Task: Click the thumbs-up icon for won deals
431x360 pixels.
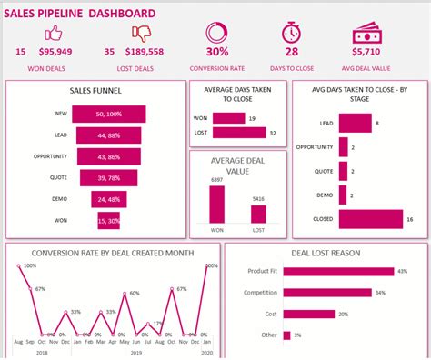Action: coord(53,34)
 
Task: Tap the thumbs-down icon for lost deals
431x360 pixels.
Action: coord(139,34)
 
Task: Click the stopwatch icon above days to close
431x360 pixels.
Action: coord(291,33)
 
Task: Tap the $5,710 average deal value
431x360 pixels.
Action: coord(372,53)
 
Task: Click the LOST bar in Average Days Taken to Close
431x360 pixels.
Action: coord(239,133)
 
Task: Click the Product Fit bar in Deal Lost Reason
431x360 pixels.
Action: coord(343,271)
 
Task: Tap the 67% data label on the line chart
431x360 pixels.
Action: coord(39,288)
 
